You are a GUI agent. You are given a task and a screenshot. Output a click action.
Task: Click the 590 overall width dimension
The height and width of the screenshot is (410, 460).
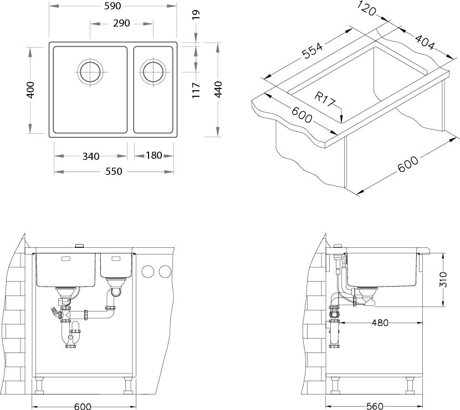point(113,6)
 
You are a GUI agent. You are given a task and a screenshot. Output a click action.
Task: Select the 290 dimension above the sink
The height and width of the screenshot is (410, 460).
point(121,23)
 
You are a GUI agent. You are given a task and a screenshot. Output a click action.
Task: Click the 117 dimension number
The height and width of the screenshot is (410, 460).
point(196,90)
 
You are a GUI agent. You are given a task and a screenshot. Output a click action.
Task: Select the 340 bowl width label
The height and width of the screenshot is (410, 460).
point(91,156)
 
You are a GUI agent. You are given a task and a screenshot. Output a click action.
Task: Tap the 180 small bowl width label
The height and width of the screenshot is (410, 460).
point(154,155)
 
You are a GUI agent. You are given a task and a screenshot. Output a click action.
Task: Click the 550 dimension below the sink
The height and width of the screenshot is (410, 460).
point(113,172)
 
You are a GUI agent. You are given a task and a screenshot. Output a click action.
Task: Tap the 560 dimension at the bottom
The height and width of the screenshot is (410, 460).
point(375,406)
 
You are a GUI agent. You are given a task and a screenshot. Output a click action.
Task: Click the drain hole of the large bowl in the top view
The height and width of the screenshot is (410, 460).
point(90,72)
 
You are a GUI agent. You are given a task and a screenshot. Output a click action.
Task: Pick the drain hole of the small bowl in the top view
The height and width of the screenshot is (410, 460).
point(152,72)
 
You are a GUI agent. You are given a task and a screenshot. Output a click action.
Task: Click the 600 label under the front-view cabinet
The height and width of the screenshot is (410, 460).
point(83,406)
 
